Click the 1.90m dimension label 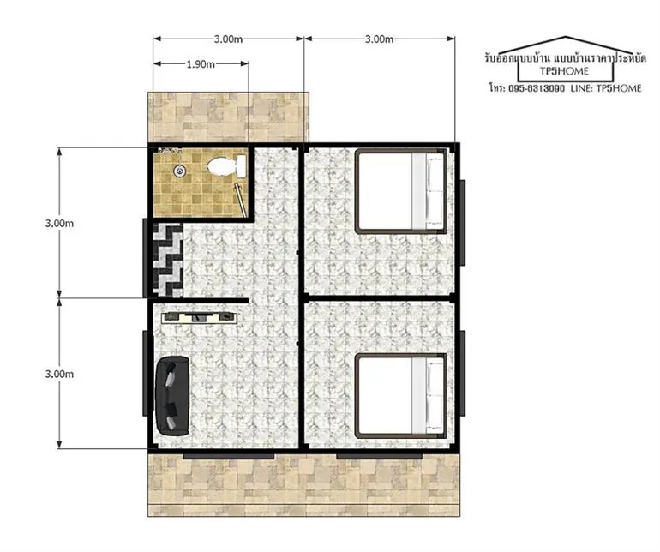pos(201,64)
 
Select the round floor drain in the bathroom pos(180,170)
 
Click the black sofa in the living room pos(172,396)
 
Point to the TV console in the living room pos(199,317)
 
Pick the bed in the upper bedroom pos(400,191)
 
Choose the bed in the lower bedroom pos(400,396)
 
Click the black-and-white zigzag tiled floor pos(168,260)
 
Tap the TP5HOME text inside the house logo pos(564,71)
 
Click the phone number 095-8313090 pos(537,88)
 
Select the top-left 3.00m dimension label pos(228,39)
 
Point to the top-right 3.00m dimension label pos(379,39)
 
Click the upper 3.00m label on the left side pos(59,223)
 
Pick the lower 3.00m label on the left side pos(59,374)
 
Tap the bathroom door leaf pos(240,200)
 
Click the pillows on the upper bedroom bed pos(435,191)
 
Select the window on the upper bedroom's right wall pos(463,223)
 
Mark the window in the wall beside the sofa pos(145,374)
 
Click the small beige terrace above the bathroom pos(228,117)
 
